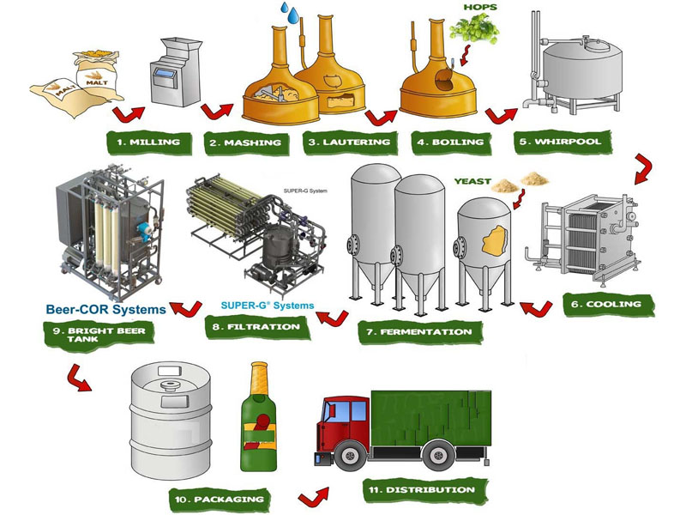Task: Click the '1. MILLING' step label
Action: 147,142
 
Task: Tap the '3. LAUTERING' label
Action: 349,142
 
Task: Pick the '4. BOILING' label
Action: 448,142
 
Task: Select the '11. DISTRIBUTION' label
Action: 419,490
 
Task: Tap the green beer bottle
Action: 259,421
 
